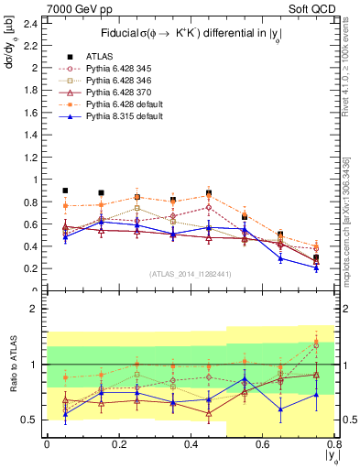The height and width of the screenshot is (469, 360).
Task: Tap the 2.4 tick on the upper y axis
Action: coord(35,23)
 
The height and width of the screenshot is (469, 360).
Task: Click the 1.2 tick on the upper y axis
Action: coord(35,157)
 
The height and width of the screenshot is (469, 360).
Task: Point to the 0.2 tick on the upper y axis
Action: coord(35,268)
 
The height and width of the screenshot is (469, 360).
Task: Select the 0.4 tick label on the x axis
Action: coord(191,443)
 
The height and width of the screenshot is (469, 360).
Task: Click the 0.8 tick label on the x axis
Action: coord(336,443)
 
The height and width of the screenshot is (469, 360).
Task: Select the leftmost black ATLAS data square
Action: coord(65,191)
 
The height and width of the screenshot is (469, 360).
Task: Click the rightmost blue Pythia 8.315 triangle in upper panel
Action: coord(316,267)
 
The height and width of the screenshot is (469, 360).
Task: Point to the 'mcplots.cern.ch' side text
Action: coord(352,229)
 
